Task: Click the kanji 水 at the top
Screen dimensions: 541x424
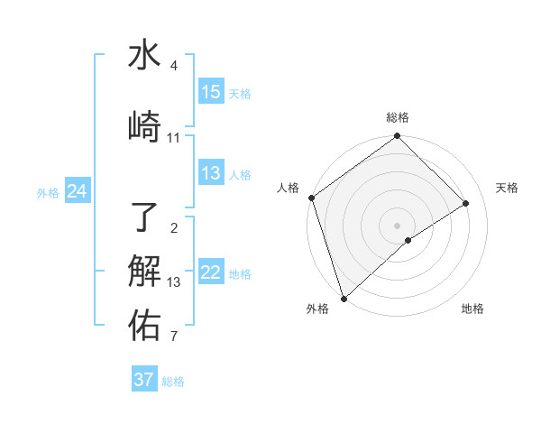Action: click(145, 56)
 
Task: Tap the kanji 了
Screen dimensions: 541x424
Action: click(145, 217)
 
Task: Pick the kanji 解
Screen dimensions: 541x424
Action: click(145, 271)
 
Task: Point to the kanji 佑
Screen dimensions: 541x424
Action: click(145, 326)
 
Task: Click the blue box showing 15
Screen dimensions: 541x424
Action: click(211, 92)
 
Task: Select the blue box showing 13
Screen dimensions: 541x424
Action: click(211, 173)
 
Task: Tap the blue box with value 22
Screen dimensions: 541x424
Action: click(211, 273)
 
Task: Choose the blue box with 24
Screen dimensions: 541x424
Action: click(77, 191)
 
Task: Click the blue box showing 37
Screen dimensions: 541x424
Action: click(144, 380)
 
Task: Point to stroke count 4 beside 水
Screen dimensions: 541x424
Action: click(174, 67)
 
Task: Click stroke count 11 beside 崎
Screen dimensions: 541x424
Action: click(174, 138)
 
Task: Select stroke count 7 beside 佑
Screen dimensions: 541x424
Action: click(174, 337)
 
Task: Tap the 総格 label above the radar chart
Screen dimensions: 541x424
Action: click(398, 117)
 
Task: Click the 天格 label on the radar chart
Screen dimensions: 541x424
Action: click(507, 188)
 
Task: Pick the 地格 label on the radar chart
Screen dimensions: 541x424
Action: click(472, 309)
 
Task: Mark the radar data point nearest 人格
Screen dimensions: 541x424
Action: click(312, 198)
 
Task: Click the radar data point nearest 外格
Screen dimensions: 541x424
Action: click(343, 299)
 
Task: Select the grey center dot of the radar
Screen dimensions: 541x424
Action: click(397, 225)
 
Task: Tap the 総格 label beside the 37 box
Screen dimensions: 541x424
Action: click(173, 382)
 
